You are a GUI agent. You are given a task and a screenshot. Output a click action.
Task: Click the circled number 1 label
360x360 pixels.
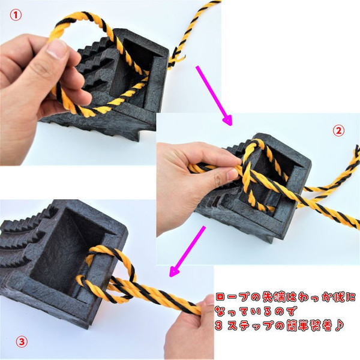click(x=16, y=16)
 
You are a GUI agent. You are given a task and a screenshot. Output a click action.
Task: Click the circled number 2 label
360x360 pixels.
click(x=338, y=131)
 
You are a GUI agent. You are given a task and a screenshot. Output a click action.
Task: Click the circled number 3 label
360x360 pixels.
click(x=22, y=342)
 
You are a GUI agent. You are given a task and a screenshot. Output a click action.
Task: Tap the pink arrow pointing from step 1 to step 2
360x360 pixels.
click(x=214, y=96)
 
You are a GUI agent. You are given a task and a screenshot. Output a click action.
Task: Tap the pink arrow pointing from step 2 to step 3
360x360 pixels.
click(x=187, y=251)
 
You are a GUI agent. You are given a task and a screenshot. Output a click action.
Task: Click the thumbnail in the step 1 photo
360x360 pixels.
click(x=56, y=49)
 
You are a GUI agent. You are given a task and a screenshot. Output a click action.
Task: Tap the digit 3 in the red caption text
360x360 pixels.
click(x=219, y=326)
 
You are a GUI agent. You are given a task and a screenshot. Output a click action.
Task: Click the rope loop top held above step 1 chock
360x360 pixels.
click(x=78, y=19)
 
